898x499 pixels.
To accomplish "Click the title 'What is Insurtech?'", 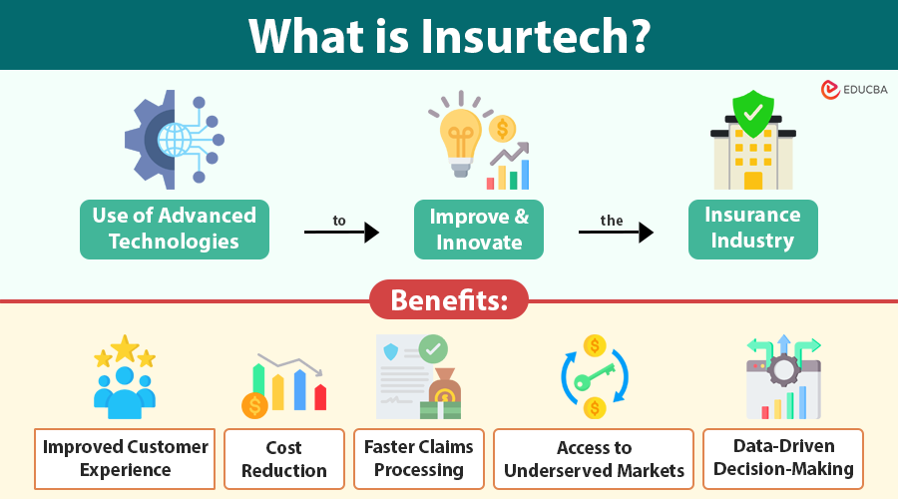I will [x=449, y=35].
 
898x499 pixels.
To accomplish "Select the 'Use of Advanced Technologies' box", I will [x=175, y=229].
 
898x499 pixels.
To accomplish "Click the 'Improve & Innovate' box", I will [x=479, y=229].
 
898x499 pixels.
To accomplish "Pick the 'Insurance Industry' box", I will [x=752, y=229].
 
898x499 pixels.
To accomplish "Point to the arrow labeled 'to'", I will [x=341, y=233].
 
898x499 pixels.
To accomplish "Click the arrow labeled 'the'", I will [x=616, y=233].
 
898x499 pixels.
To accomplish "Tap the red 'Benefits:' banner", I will [x=448, y=300].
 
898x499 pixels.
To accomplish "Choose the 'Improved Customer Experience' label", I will [x=125, y=458].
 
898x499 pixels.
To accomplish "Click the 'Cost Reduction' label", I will [x=284, y=459].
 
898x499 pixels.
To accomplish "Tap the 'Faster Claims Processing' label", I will [x=419, y=458].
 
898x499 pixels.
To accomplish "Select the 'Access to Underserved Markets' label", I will [x=594, y=459].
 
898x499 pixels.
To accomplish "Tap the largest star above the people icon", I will [x=125, y=349].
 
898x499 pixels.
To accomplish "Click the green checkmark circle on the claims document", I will [x=433, y=349].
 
